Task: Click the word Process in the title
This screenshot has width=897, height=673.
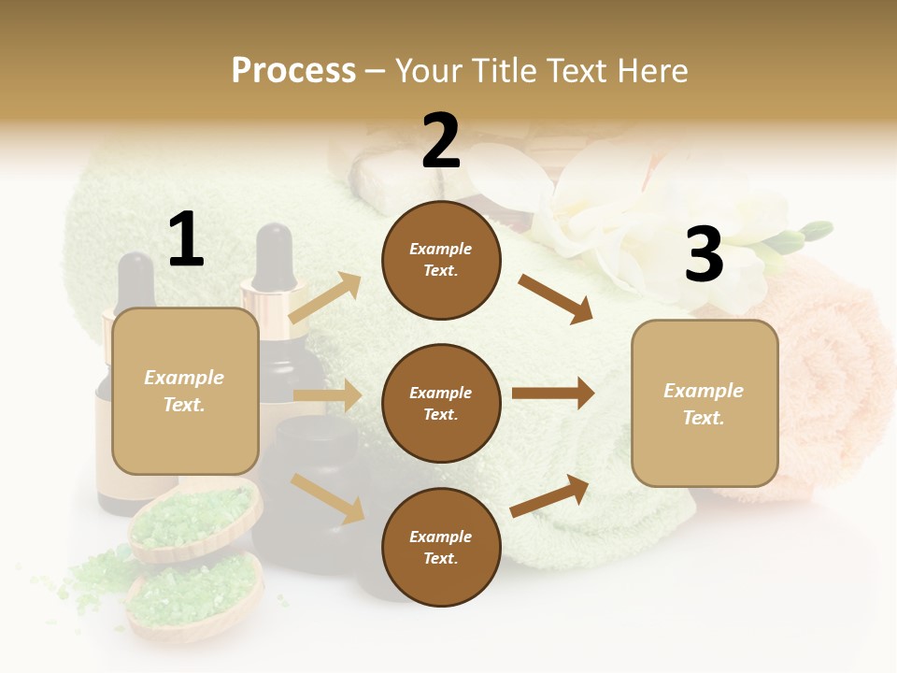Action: pos(293,70)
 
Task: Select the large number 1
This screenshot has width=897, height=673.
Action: pos(186,240)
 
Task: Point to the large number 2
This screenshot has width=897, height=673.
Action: pos(441,141)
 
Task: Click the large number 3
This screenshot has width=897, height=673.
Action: pos(704,255)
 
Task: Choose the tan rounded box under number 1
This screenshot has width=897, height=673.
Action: pos(185,391)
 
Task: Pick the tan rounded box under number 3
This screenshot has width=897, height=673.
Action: pos(705,403)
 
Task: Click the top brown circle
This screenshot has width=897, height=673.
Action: pos(441,260)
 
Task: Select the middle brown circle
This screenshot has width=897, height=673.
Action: pos(441,403)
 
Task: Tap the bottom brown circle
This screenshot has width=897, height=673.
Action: pos(441,547)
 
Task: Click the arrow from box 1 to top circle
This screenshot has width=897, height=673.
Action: pos(325,298)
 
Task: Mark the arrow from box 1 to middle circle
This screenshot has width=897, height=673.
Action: pos(327,395)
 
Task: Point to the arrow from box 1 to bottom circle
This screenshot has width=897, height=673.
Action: pos(328,498)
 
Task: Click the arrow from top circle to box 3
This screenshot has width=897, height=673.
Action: pos(556,298)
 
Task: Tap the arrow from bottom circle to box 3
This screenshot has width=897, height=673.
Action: pos(550,495)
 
